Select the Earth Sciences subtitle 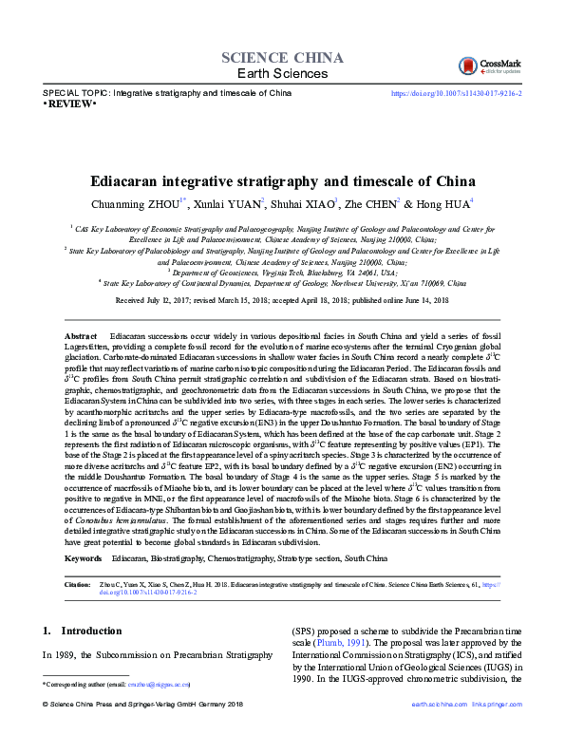(281, 74)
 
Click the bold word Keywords (83, 560)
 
